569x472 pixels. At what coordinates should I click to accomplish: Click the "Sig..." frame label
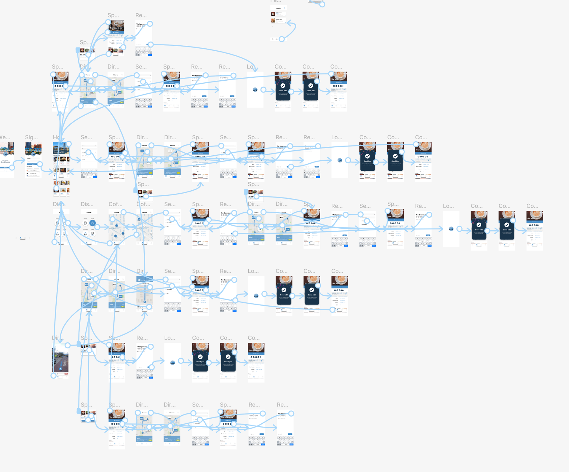point(31,137)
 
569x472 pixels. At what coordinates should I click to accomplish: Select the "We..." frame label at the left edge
point(5,137)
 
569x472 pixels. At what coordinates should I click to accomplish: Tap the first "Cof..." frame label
point(115,204)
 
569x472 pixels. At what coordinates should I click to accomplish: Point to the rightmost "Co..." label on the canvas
point(532,206)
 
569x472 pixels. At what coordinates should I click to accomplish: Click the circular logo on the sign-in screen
point(33,154)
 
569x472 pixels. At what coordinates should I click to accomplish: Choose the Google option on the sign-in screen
point(33,171)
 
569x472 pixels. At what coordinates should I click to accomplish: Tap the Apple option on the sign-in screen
point(33,173)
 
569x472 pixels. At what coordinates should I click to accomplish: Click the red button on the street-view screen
point(66,374)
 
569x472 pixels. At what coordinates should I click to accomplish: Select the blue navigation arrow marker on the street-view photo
point(60,369)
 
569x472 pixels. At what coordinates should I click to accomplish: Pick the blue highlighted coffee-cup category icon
point(92,223)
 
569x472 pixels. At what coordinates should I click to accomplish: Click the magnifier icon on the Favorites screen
point(284,8)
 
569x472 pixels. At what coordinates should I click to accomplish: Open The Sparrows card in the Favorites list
point(278,14)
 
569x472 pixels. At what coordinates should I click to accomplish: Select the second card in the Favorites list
point(278,20)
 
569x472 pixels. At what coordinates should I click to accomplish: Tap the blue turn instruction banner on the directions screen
point(145,280)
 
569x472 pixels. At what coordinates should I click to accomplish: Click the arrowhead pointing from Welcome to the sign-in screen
point(24,160)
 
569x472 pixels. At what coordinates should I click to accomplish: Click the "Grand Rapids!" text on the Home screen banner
point(59,152)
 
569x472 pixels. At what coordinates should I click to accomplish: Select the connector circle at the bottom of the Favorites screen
point(282,39)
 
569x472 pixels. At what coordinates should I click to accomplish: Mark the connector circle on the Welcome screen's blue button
point(12,168)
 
